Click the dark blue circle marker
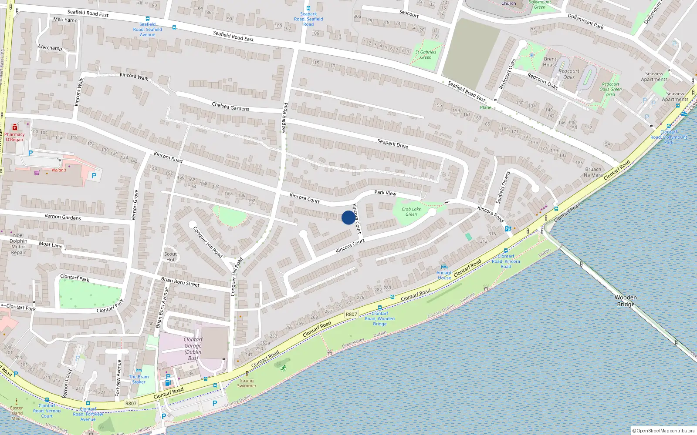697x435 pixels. coord(348,217)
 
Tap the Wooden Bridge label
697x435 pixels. coord(626,301)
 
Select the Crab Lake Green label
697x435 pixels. coord(411,211)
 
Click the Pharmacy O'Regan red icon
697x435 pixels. coord(15,127)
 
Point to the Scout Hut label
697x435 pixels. coord(170,257)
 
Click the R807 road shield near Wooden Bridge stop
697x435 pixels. coord(351,314)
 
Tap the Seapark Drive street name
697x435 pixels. coord(392,144)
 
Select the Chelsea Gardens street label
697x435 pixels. coord(230,107)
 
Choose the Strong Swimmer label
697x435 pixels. coord(247,383)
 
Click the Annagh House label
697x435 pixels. coord(444,275)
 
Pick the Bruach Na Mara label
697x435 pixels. coord(593,172)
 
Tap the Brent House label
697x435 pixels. coord(550,62)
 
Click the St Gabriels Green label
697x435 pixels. coord(426,54)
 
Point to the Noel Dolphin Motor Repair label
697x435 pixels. coord(18,244)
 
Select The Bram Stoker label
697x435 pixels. coord(139,379)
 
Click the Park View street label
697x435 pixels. coord(385,193)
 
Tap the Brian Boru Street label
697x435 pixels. coord(180,282)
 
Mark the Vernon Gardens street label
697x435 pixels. coord(62,217)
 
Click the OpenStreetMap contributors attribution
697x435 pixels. coord(663,431)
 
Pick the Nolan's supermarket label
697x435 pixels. coord(59,170)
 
